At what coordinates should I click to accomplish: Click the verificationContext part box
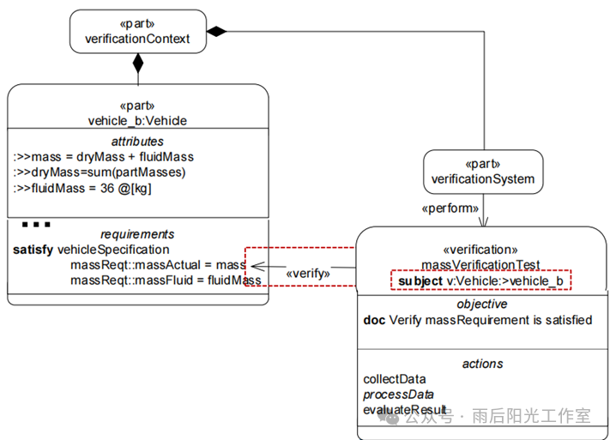point(137,31)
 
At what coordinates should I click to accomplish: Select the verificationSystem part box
point(482,172)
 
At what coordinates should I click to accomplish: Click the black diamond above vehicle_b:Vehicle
point(137,63)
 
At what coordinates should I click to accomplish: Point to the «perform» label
point(447,208)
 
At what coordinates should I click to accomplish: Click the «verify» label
point(308,273)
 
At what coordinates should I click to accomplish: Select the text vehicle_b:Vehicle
point(137,120)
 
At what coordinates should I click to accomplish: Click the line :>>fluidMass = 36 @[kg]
point(82,188)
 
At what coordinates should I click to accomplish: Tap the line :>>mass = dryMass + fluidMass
point(103,157)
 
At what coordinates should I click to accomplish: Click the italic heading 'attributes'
point(137,141)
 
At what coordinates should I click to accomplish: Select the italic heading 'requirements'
point(137,234)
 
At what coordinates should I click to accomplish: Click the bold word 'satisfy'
point(33,250)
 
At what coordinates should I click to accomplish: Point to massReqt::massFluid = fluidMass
point(166,280)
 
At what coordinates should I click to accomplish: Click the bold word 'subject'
point(420,280)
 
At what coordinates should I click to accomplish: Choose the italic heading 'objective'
point(481,304)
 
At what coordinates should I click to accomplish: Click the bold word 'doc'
point(374,320)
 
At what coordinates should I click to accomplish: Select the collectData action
point(395,379)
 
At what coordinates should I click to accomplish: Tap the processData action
point(398,395)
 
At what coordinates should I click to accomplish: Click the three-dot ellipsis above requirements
point(36,225)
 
